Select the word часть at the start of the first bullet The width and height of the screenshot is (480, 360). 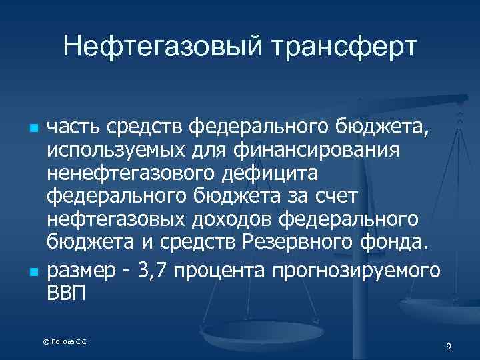73,126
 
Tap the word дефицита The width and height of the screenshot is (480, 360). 264,174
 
